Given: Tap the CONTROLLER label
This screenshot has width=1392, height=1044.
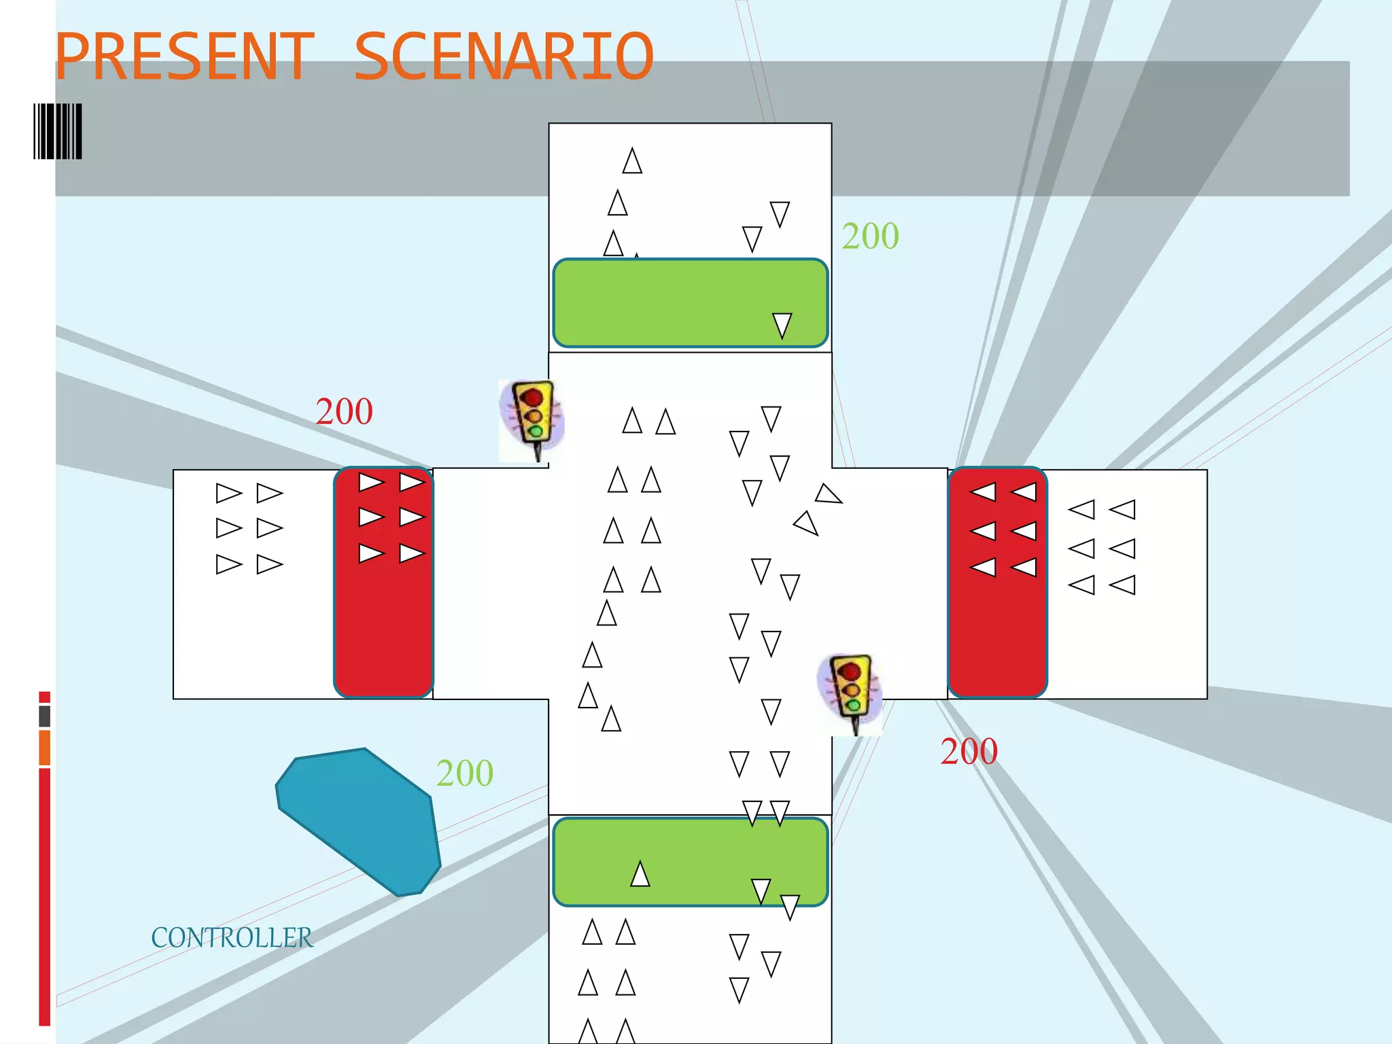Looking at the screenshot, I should [x=232, y=938].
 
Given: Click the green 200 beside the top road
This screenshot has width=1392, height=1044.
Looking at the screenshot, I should [x=870, y=237].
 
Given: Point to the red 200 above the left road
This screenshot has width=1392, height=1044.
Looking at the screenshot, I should [x=344, y=412].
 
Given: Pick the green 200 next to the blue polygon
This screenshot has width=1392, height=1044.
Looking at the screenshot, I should [x=465, y=773].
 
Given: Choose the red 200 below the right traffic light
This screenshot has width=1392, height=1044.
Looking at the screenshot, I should [x=969, y=752].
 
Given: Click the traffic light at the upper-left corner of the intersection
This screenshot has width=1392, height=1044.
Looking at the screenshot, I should [x=532, y=418].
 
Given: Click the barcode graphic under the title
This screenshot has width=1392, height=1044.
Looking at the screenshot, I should [x=58, y=131].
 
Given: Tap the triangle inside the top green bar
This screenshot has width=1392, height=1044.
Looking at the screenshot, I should [x=782, y=325].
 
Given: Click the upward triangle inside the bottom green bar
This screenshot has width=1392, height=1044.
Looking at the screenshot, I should [x=640, y=875].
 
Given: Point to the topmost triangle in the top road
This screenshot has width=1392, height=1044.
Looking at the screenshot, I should [x=632, y=162].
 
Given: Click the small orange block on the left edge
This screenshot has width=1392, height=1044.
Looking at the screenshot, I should [x=45, y=748].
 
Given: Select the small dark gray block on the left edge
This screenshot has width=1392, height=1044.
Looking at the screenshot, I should [x=45, y=716].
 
